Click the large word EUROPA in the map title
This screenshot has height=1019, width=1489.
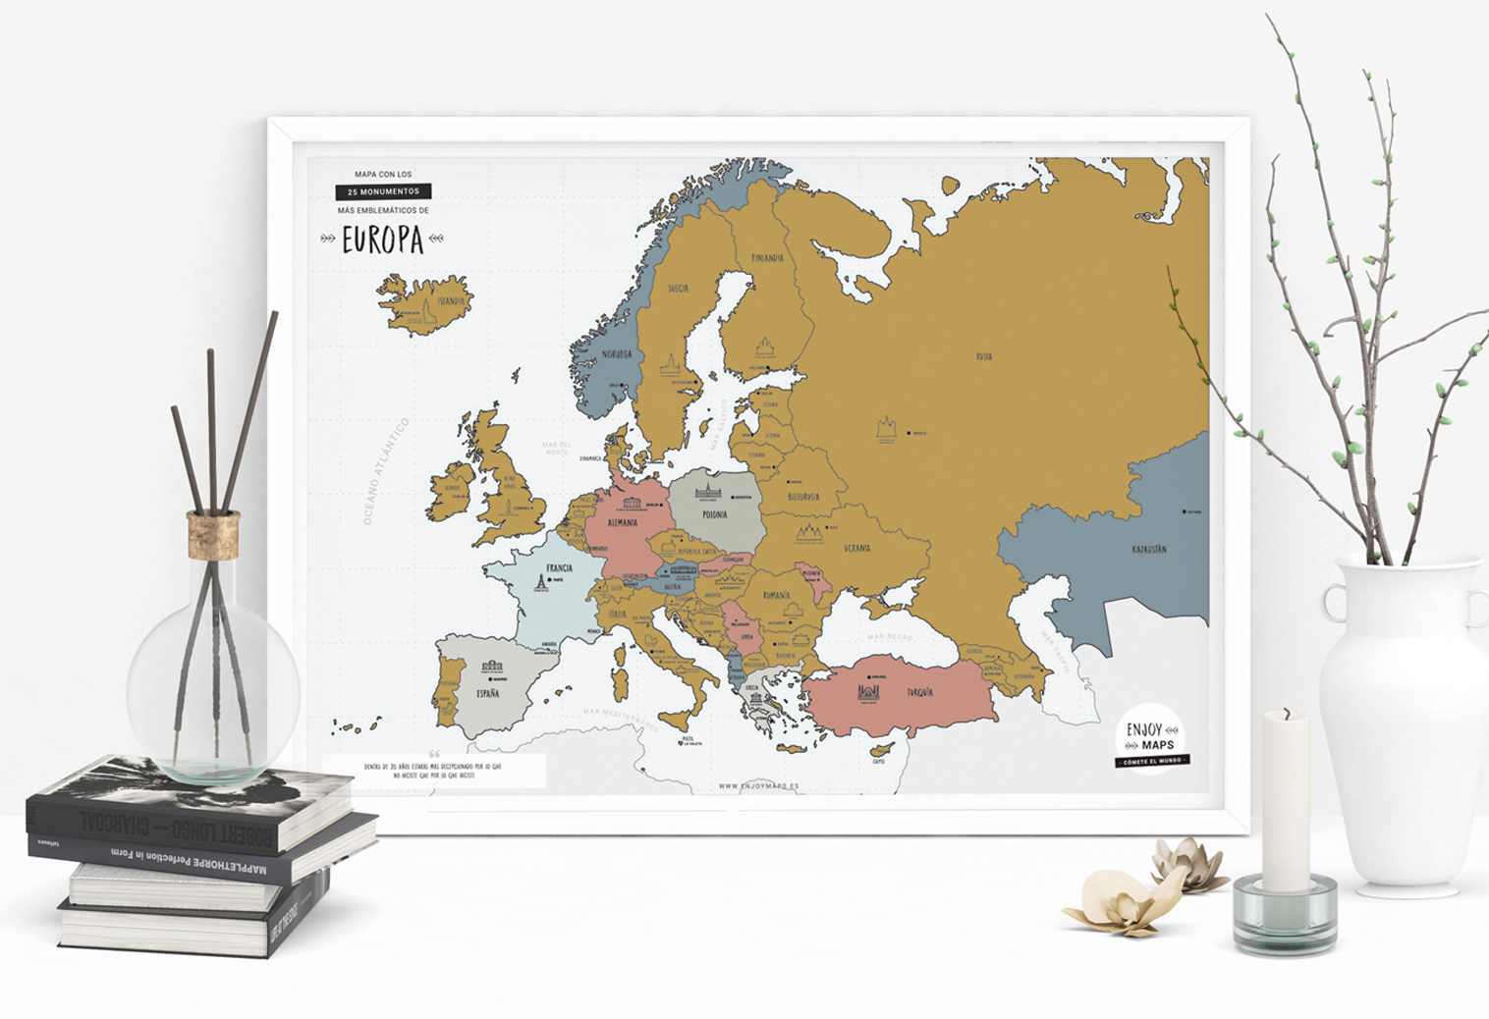click(x=382, y=240)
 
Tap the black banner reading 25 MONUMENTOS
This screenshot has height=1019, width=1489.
click(x=383, y=191)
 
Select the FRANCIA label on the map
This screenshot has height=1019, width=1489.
click(x=559, y=567)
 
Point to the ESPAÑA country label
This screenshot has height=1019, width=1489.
click(x=487, y=693)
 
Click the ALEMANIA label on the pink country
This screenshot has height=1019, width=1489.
click(x=623, y=523)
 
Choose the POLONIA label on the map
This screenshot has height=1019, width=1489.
click(x=715, y=514)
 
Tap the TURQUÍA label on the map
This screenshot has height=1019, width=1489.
click(x=918, y=692)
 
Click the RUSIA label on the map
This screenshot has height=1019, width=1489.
click(x=983, y=356)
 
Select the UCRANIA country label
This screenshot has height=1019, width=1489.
click(x=856, y=548)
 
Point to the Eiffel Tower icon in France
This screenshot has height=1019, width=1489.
click(x=539, y=582)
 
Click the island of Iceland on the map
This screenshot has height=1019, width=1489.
click(x=424, y=302)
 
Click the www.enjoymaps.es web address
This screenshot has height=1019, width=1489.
click(x=758, y=785)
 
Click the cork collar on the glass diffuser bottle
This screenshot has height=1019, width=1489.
click(x=213, y=535)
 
